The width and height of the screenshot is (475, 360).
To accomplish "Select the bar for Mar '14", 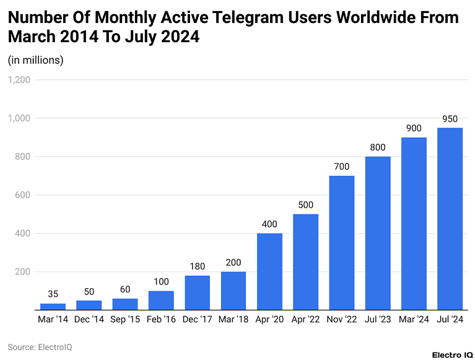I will (53, 306).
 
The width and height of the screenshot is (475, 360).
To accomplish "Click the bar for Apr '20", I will (269, 271).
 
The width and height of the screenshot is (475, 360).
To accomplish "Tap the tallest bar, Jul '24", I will (450, 219).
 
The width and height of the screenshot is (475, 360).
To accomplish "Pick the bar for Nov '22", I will (341, 243).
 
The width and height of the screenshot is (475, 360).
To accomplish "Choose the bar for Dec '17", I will (197, 292).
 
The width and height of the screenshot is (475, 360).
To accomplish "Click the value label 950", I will (450, 118).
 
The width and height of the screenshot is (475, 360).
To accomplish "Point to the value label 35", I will (53, 294).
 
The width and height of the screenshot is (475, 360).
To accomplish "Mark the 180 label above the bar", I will (197, 266).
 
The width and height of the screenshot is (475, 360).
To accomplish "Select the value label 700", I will (341, 166).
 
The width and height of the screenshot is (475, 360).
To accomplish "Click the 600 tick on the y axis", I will (23, 195).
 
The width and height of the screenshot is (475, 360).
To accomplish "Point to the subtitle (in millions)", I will (35, 60).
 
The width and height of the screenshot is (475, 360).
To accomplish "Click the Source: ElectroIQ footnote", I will (40, 347).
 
